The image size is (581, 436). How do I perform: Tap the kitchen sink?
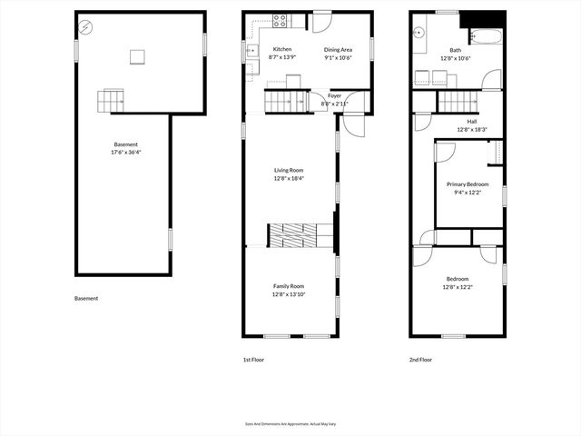pos(251,52)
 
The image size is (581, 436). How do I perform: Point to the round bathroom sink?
pos(420,33)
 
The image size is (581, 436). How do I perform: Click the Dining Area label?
pos(338,49)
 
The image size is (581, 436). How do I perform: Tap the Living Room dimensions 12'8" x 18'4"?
pos(289,178)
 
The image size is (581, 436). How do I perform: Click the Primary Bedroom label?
pos(468,184)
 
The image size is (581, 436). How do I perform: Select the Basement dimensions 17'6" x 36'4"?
pos(126,153)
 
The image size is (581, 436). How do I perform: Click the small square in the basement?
pos(137,58)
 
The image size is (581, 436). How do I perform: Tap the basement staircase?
pos(110,99)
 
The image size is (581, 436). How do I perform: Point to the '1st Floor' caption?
pos(253,360)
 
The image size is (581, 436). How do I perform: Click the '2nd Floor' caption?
pos(420,360)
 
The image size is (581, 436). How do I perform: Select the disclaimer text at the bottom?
pos(290,423)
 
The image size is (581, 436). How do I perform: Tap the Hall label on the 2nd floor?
pos(472,122)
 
